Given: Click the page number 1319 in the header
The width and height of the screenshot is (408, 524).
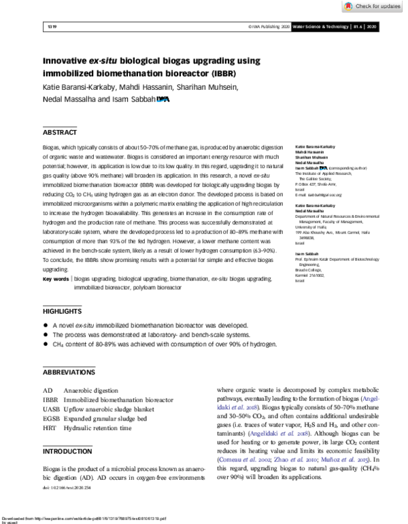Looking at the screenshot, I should pyautogui.click(x=50, y=27).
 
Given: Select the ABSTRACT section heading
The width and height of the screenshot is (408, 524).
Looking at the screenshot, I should pyautogui.click(x=60, y=132).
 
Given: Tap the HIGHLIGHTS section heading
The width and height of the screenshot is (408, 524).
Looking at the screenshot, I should pyautogui.click(x=63, y=311).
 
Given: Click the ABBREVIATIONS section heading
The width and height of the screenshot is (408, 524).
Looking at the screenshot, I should pyautogui.click(x=69, y=372).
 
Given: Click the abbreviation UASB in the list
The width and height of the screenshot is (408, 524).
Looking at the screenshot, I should pyautogui.click(x=52, y=410).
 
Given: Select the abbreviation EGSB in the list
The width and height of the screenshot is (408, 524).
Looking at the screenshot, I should pyautogui.click(x=52, y=419).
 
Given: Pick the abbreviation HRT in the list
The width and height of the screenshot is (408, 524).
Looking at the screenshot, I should pyautogui.click(x=50, y=429).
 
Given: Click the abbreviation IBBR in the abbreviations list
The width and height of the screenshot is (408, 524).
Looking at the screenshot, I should pyautogui.click(x=51, y=401).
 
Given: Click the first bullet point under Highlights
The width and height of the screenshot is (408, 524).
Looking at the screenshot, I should pyautogui.click(x=47, y=326).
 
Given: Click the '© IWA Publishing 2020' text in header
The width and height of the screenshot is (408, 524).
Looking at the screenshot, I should pyautogui.click(x=269, y=27).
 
